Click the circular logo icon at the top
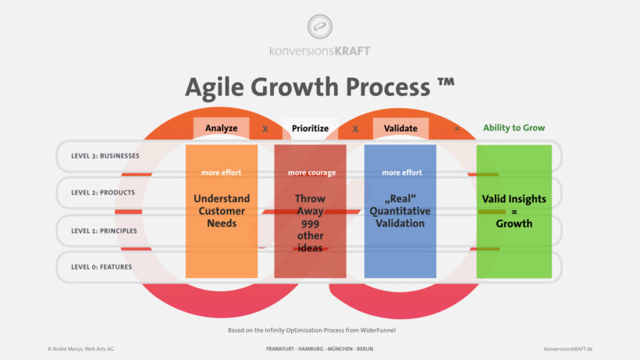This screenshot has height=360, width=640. [319, 27]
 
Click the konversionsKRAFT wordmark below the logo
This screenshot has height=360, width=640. [319, 51]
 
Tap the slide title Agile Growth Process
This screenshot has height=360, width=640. [319, 87]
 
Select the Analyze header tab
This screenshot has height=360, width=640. [222, 128]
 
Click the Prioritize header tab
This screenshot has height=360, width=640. [310, 128]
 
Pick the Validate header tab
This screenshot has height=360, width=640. [400, 128]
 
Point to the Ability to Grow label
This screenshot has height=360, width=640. [514, 128]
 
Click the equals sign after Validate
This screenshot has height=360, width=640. [457, 128]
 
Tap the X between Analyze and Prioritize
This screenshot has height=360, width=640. [265, 128]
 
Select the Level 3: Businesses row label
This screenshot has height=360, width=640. [105, 155]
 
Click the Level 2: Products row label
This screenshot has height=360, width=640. [103, 193]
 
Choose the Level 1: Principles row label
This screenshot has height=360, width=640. [104, 230]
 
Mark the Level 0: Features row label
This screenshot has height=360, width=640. [101, 267]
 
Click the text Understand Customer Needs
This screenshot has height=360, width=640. [222, 211]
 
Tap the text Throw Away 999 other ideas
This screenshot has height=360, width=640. [310, 223]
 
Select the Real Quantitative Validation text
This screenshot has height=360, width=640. [400, 211]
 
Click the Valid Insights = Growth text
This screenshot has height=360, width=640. [514, 211]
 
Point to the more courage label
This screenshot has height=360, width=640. [310, 173]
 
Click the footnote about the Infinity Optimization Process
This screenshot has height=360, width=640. [319, 330]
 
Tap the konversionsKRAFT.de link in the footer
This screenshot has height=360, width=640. [567, 348]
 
